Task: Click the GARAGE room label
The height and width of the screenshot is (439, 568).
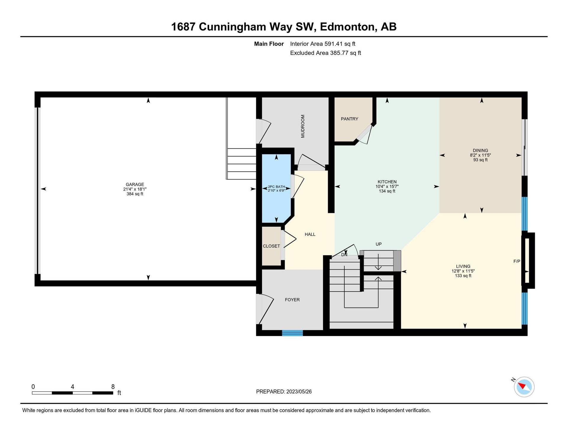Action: (135, 184)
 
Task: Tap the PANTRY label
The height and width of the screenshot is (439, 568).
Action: (349, 119)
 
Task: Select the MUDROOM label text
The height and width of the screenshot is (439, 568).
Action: (303, 126)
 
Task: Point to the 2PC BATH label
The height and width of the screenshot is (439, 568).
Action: (276, 187)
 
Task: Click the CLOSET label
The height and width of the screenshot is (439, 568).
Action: (271, 246)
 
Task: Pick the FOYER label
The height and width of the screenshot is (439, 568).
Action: (292, 300)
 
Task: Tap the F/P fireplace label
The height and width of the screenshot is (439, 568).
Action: (517, 261)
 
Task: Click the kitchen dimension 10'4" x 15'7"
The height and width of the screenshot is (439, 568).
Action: (387, 186)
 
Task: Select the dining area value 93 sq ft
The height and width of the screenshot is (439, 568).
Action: (480, 160)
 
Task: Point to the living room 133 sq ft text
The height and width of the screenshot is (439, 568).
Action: (463, 276)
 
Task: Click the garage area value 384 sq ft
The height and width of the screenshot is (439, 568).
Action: (135, 194)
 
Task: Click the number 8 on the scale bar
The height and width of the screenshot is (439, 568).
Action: (113, 387)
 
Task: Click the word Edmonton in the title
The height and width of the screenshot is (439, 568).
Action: (348, 27)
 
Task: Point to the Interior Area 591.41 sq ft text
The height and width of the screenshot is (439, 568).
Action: (322, 44)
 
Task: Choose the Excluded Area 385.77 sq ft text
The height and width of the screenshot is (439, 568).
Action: (325, 53)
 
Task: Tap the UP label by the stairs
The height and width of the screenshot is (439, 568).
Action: (378, 244)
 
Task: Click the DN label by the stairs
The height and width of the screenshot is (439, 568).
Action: (344, 255)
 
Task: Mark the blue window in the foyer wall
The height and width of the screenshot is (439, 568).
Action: (292, 333)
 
